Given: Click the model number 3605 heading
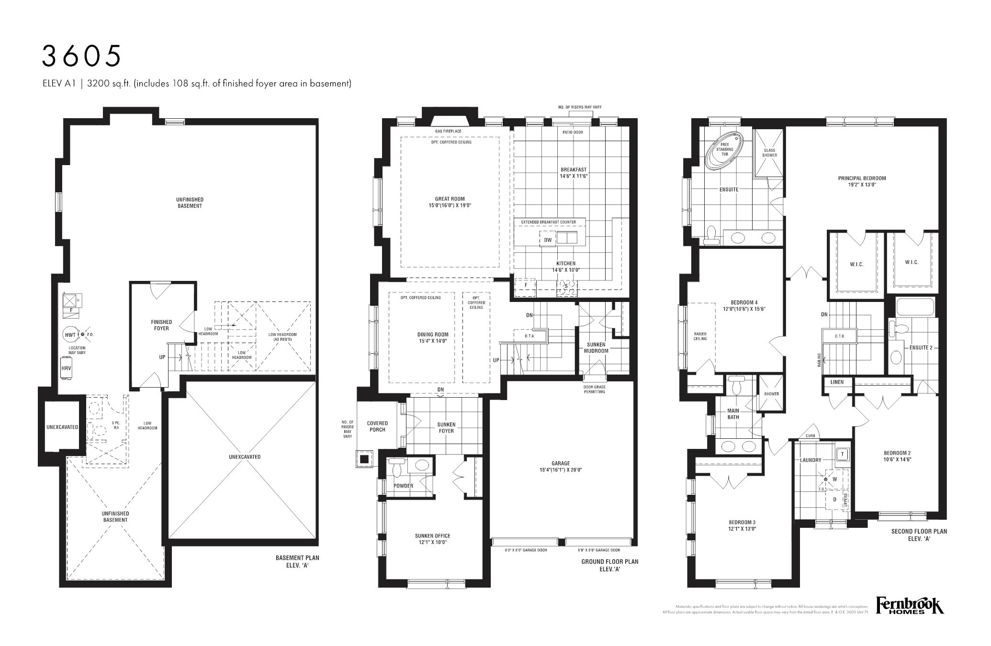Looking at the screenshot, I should click(81, 56).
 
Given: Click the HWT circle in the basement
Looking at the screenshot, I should click(70, 335).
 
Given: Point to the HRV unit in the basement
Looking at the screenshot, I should click(66, 369).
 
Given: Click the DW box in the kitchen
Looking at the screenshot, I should click(548, 240).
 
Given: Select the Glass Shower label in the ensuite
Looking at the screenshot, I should click(769, 153).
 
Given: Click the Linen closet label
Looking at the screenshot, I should click(837, 382).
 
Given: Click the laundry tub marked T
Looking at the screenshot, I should click(842, 454).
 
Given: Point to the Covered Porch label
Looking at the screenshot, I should click(377, 426).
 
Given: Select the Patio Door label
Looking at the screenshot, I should click(573, 132).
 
